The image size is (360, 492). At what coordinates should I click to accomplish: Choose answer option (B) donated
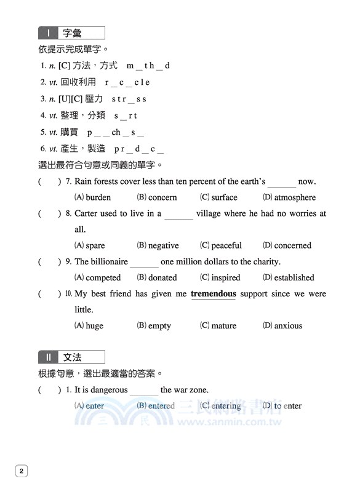[x=156, y=277]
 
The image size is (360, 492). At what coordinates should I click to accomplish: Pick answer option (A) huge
[x=89, y=325]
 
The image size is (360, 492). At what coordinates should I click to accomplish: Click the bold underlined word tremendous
[x=213, y=294]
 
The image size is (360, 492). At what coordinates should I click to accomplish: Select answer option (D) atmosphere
[x=289, y=197]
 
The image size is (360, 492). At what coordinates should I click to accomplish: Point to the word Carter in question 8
[x=87, y=214]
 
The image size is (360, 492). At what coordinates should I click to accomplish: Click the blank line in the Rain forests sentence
[x=282, y=183]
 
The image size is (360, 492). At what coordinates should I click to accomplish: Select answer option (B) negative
[x=158, y=245]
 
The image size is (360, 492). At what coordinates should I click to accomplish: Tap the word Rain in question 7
[x=83, y=181]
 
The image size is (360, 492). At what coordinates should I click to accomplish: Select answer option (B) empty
[x=154, y=325]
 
